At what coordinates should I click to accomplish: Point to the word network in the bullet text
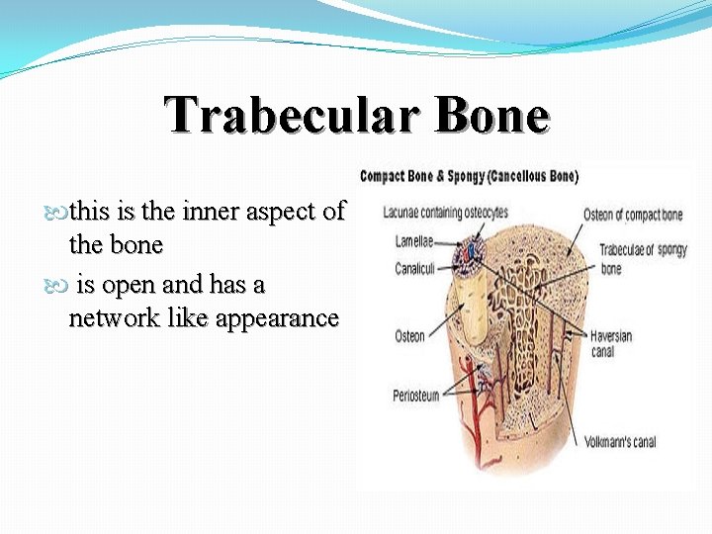point(110,317)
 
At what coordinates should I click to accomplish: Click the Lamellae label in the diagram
point(414,240)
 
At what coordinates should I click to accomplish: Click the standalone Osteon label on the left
point(409,336)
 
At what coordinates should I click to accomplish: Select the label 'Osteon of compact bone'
point(632,216)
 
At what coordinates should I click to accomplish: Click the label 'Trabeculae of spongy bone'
point(643,259)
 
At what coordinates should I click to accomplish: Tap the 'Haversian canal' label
point(611,343)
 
